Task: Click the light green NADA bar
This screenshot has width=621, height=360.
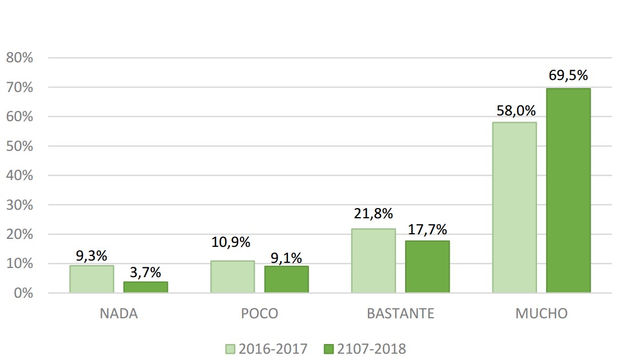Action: point(91,279)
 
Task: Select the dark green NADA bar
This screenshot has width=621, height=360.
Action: point(146,287)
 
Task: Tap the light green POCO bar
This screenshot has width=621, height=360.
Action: point(233,277)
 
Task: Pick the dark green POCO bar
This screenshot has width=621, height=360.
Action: point(286,279)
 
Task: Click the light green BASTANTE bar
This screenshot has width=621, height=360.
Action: point(374,261)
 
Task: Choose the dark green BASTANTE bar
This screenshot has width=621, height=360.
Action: point(427,267)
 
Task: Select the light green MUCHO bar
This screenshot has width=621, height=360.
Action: point(515,207)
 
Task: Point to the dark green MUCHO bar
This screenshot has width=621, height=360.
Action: point(568,190)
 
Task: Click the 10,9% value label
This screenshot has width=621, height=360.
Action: point(231,242)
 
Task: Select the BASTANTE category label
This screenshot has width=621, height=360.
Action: point(400,314)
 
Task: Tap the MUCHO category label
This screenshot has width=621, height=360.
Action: point(542,314)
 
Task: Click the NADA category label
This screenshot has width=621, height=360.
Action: point(119,314)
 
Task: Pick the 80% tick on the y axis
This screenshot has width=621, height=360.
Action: point(21,58)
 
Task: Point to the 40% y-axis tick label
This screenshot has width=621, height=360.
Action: point(21,175)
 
